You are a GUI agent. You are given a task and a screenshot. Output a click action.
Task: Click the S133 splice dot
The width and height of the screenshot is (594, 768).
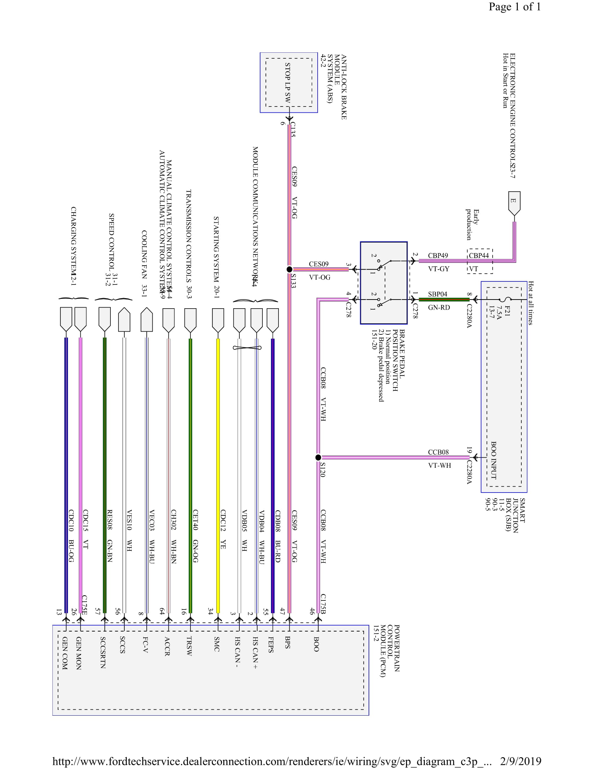click(x=289, y=269)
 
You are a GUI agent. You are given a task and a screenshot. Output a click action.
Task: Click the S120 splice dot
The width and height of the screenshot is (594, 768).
click(x=318, y=458)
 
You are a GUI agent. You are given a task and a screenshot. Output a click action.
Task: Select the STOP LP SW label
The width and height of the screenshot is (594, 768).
click(x=288, y=83)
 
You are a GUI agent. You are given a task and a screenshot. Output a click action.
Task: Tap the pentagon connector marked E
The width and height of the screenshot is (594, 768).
click(x=514, y=202)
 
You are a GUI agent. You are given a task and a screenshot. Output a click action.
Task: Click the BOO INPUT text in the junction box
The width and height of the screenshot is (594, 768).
click(x=493, y=460)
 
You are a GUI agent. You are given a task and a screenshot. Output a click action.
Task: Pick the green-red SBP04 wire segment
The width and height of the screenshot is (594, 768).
click(x=444, y=300)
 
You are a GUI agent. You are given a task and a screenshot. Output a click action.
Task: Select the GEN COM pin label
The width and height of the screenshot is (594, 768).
click(x=65, y=653)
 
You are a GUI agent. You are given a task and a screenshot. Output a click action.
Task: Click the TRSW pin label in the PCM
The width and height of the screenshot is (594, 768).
click(x=189, y=646)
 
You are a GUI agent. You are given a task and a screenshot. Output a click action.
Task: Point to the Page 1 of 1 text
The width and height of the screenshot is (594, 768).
click(x=514, y=7)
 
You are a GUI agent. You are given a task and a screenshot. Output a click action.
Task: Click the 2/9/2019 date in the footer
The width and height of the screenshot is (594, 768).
click(x=521, y=761)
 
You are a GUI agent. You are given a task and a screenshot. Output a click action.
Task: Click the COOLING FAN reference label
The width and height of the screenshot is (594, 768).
click(x=144, y=263)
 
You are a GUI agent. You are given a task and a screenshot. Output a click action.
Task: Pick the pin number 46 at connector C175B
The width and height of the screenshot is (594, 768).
click(x=312, y=611)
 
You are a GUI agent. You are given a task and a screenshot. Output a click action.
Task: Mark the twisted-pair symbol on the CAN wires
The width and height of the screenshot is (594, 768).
click(x=247, y=348)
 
